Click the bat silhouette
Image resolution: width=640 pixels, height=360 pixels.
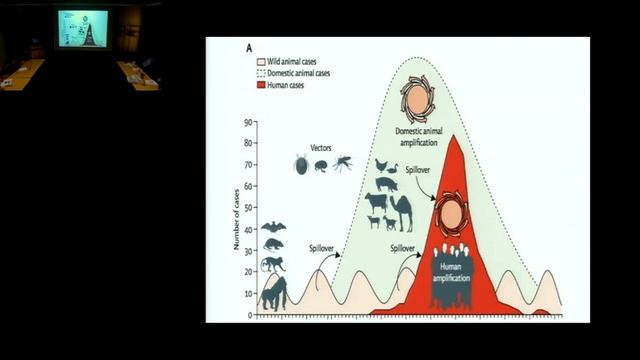[273, 227]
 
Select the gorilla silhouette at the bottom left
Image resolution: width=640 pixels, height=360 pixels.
[273, 293]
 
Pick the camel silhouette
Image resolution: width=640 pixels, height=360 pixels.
[400, 212]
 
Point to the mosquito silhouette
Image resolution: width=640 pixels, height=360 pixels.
[343, 162]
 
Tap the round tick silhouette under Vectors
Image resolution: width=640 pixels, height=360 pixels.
[301, 165]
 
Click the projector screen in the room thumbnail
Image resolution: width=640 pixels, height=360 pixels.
[82, 28]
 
